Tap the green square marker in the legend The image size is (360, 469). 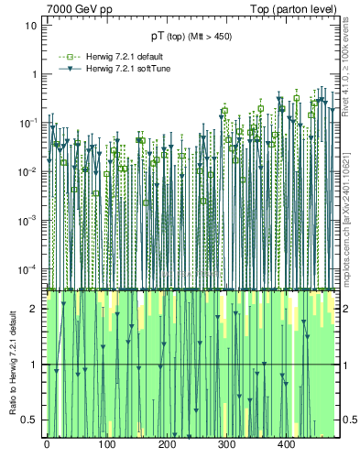pos(64,57)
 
